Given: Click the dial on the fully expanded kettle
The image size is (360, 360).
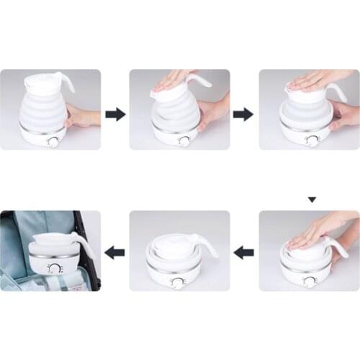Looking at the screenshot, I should (x=54, y=141).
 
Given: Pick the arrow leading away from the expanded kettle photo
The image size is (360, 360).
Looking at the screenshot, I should (x=115, y=113).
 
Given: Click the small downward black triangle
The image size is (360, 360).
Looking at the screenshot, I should (x=311, y=199).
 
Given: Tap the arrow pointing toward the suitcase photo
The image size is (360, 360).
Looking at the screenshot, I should (x=115, y=252).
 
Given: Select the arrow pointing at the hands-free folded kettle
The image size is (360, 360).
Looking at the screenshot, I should (x=245, y=252).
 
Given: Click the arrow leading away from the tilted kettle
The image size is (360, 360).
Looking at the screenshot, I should (x=243, y=113).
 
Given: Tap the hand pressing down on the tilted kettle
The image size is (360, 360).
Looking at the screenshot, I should (x=173, y=78).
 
